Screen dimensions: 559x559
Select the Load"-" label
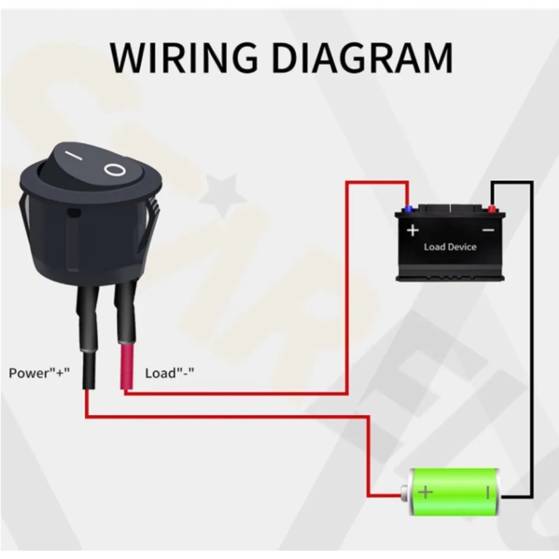click(169, 372)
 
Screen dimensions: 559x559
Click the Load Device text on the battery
click(450, 246)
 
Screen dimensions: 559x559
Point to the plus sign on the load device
click(413, 230)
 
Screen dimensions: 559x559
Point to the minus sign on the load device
click(488, 230)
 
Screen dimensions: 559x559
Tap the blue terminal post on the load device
click(409, 209)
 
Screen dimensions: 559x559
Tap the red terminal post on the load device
click(491, 209)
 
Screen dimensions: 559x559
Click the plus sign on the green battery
click(426, 492)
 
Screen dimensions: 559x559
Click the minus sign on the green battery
click(487, 492)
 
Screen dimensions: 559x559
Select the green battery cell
click(455, 492)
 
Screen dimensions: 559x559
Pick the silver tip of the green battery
click(404, 492)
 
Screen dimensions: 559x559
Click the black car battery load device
click(450, 243)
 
